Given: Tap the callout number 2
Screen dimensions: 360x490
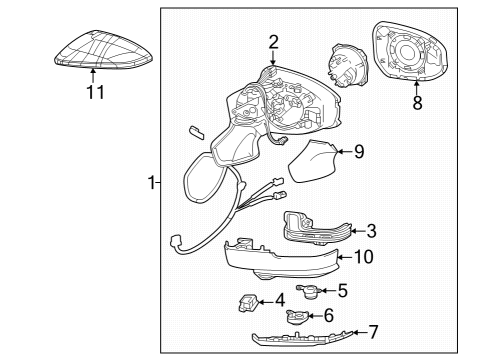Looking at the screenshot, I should [x=273, y=41].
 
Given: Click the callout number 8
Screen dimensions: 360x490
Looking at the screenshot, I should [x=417, y=101].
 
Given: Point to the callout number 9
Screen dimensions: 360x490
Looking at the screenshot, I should [x=359, y=152].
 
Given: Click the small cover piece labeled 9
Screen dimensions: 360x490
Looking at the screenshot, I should [x=314, y=163].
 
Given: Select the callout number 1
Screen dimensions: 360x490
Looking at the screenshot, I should [x=151, y=183].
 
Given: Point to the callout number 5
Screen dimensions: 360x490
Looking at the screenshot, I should [x=341, y=291].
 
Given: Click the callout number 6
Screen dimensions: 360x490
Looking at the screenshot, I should [x=328, y=315].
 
